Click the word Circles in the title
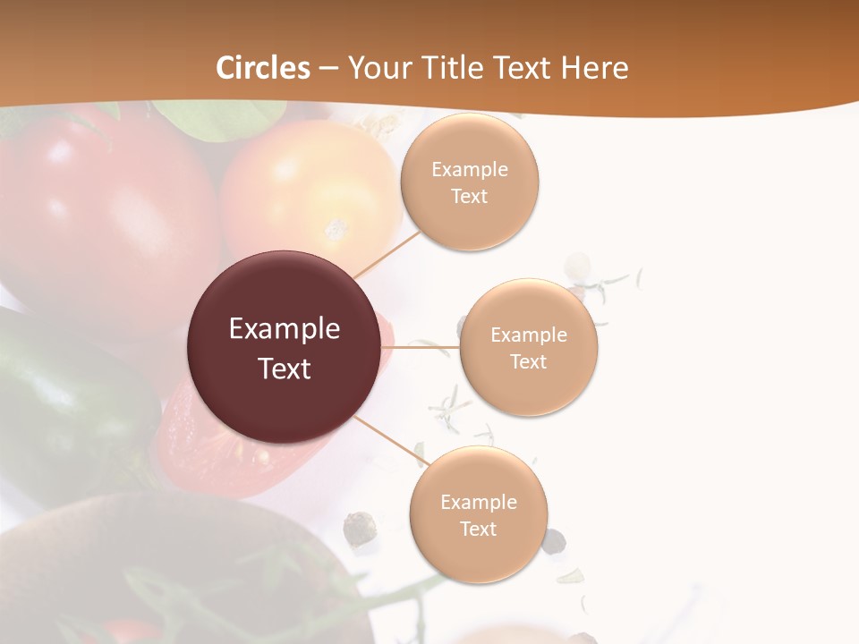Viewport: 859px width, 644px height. click(263, 68)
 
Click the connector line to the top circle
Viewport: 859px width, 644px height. click(387, 254)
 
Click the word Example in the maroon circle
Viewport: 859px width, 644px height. click(285, 329)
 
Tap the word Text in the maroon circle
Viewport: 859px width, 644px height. click(285, 368)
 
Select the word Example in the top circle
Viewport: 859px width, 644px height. click(469, 170)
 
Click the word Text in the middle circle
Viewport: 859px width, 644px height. click(528, 361)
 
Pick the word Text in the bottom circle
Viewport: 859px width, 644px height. click(478, 529)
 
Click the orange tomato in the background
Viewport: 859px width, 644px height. click(304, 192)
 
